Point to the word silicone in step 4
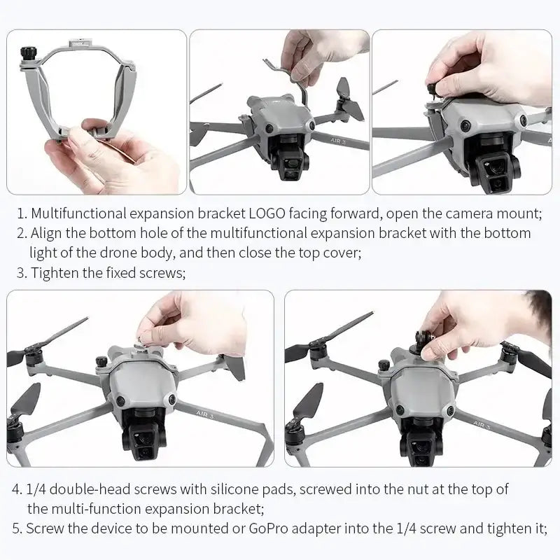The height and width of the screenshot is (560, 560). click(237, 489)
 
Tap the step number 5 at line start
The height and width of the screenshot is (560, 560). click(17, 528)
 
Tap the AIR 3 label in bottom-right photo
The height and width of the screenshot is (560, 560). click(486, 423)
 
